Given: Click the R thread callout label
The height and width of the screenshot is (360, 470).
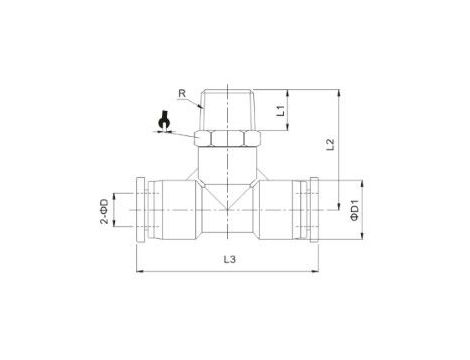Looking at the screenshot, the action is click(x=182, y=93).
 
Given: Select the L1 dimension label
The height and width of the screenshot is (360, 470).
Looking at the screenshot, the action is click(x=281, y=110).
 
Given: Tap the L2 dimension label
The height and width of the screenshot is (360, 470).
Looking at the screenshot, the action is click(x=330, y=144).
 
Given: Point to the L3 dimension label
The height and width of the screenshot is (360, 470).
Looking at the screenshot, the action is click(x=229, y=259).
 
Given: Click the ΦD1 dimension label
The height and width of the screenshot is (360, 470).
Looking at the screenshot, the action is click(x=354, y=210).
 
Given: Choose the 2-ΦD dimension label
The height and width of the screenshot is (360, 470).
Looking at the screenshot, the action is click(x=104, y=211).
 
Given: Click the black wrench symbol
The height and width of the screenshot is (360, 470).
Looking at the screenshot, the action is click(x=164, y=121).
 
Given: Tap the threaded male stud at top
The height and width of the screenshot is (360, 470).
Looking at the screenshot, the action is click(x=228, y=109).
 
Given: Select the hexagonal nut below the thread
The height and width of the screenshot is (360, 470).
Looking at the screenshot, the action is click(x=228, y=138).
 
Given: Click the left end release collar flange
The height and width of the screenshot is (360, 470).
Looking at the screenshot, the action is click(x=141, y=210).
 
